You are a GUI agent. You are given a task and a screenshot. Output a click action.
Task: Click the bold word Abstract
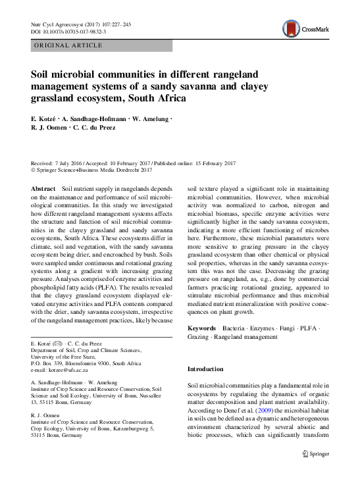(x=43, y=188)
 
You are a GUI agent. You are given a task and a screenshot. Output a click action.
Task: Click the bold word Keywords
(x=201, y=327)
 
